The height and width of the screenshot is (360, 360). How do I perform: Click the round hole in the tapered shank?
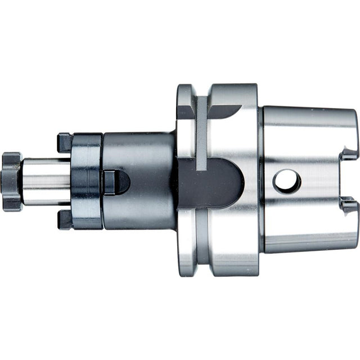tap(287, 182)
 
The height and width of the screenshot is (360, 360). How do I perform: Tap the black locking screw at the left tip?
tap(11, 181)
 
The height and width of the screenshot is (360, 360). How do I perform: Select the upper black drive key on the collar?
tap(64, 142)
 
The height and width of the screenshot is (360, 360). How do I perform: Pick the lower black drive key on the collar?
tap(64, 219)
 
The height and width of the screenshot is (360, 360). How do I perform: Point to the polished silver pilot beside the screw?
tap(45, 181)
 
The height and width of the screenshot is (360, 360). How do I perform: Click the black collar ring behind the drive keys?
tap(86, 181)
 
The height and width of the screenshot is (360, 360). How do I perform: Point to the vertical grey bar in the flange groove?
tap(201, 132)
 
